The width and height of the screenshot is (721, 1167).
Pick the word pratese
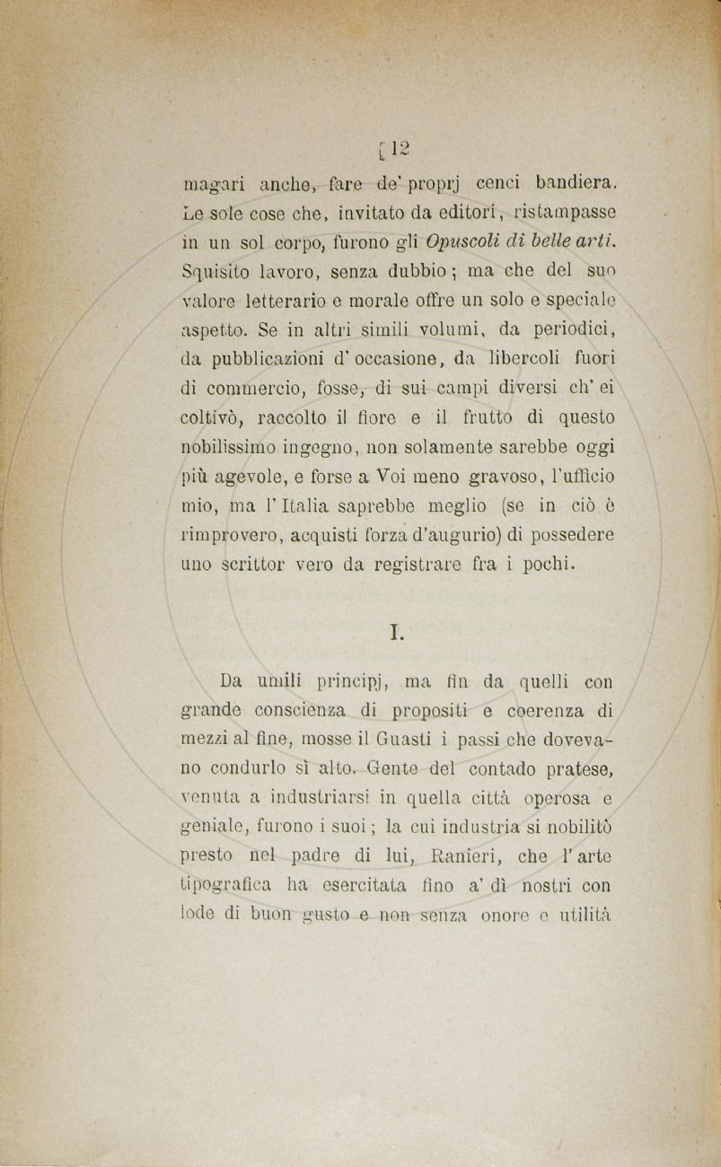(x=574, y=769)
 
